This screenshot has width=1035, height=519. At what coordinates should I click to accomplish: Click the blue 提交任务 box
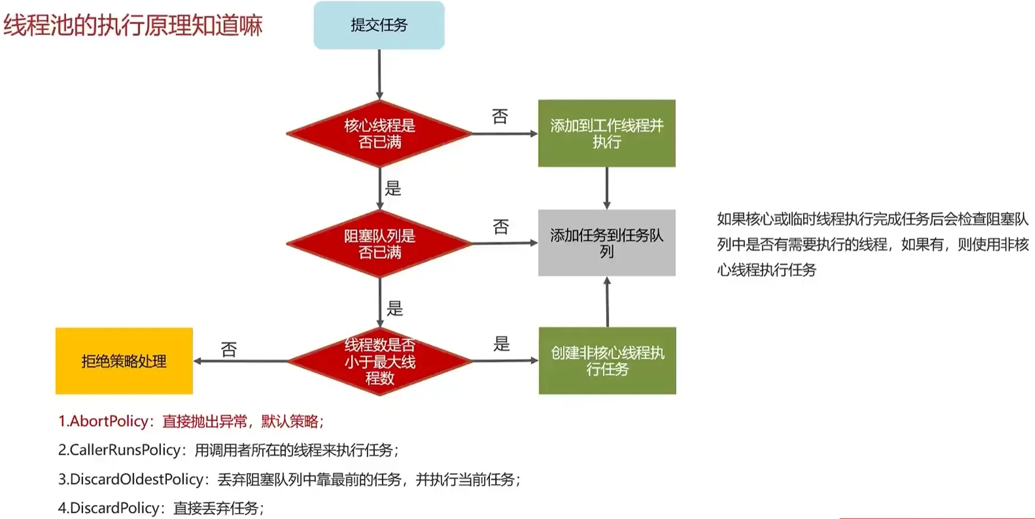click(x=379, y=25)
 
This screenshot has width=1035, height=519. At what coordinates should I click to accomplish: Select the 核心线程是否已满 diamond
click(x=379, y=134)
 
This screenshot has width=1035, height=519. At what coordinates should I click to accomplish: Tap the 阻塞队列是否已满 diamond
click(x=379, y=244)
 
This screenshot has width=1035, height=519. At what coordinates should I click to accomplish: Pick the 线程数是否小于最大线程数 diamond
click(x=379, y=361)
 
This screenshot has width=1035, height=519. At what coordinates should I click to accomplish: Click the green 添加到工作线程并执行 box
click(x=607, y=133)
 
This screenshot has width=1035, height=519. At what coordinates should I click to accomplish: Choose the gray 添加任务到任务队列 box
click(x=607, y=243)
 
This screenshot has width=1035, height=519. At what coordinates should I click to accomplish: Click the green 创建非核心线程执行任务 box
click(x=607, y=361)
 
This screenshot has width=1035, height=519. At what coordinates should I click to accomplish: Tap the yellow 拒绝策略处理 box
click(x=124, y=361)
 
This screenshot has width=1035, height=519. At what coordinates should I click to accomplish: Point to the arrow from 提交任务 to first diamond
click(x=379, y=75)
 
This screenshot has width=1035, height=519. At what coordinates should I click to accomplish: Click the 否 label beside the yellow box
click(x=229, y=349)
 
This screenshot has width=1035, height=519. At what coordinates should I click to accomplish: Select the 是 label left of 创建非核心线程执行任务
click(x=502, y=343)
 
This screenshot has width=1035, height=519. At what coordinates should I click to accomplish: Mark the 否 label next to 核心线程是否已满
click(x=500, y=116)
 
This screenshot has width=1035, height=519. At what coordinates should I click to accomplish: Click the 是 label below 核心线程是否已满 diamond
click(x=393, y=188)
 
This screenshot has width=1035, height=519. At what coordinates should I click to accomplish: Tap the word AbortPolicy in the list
click(x=109, y=421)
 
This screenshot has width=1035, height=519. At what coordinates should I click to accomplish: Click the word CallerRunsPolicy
click(x=125, y=450)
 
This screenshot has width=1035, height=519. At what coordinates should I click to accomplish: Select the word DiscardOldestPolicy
click(x=136, y=479)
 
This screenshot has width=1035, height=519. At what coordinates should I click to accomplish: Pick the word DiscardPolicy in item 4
click(x=115, y=508)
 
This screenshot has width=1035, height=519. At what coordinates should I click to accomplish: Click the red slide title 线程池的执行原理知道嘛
click(x=133, y=25)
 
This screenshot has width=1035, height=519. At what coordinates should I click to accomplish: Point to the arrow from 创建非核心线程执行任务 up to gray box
click(x=607, y=302)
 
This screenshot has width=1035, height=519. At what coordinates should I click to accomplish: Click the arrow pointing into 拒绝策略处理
click(x=240, y=361)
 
